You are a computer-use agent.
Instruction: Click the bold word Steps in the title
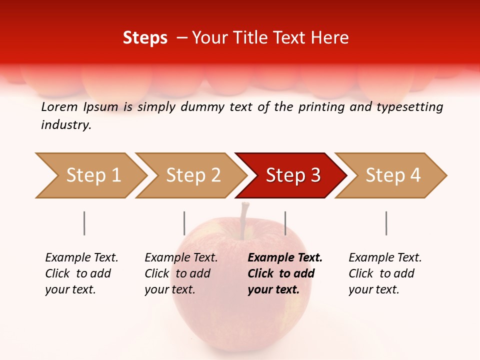[x=145, y=37]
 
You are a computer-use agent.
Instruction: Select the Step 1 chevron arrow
[x=90, y=175]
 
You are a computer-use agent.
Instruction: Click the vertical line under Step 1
[x=84, y=223]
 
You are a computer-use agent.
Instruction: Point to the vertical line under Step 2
[x=184, y=223]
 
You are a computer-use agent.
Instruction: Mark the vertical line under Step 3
[x=285, y=223]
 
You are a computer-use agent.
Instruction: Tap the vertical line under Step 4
[x=386, y=223]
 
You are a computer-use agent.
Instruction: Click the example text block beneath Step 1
[x=81, y=273]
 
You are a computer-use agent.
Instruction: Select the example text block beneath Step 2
[x=181, y=273]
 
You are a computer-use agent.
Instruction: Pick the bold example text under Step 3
[x=285, y=273]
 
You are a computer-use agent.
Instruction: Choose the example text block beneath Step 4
[x=385, y=273]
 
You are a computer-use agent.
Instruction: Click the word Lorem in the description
[x=59, y=107]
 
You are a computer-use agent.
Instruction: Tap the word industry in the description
[x=66, y=125]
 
